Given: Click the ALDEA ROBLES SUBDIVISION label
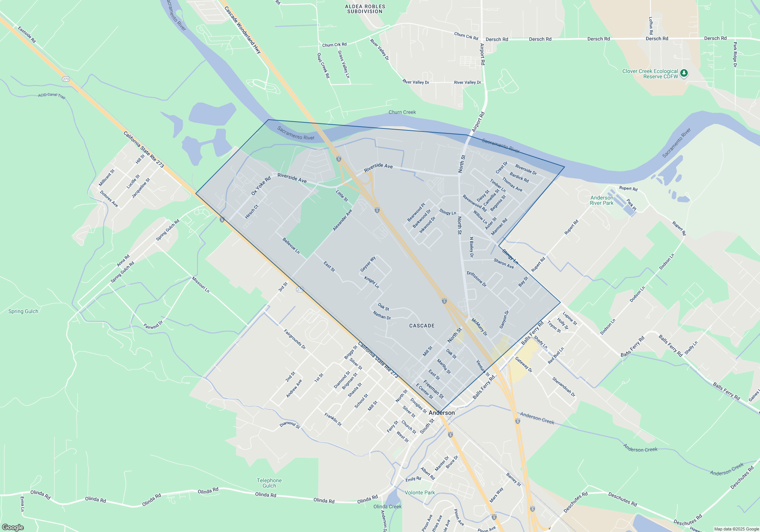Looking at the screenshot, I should pos(365,9).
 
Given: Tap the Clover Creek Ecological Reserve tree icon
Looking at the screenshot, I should pos(684,73).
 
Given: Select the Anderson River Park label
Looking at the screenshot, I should pos(602,200).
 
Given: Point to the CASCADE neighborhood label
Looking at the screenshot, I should pos(422,326).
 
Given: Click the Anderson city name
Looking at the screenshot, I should pos(442,413).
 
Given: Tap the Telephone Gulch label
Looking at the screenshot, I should pos(269,483).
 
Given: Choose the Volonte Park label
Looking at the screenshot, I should pos(420,492).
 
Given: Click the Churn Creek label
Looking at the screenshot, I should pos(402,112).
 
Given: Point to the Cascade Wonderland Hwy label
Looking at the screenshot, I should pos(242,30).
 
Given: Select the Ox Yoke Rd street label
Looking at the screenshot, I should pos(261,186).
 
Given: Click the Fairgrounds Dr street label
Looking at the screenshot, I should pos(294,339).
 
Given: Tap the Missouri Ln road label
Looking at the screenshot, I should pos(200,285).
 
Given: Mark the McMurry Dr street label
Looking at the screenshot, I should pos(479,327).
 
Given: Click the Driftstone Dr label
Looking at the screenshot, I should pos(476,279).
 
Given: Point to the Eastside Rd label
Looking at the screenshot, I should pos(27,34).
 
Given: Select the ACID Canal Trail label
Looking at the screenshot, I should pos(52,95).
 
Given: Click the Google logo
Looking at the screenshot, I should pos(13,527).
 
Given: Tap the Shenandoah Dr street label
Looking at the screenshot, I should pos(564,387).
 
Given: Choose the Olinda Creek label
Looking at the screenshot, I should pos(387,507).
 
